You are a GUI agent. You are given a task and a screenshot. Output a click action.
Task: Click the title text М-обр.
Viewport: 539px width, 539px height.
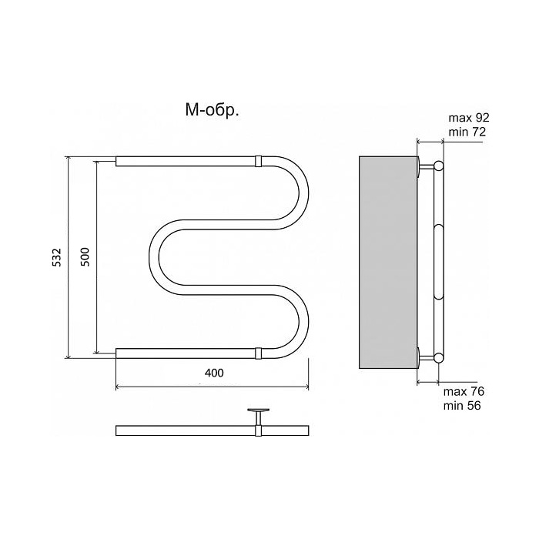212,111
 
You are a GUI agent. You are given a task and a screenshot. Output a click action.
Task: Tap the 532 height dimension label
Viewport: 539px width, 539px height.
57,257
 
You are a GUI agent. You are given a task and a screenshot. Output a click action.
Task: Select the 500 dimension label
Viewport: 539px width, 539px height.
85,256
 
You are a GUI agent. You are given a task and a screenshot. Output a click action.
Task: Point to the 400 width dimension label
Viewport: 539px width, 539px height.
214,373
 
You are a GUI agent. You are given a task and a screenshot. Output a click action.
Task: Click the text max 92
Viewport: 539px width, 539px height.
468,118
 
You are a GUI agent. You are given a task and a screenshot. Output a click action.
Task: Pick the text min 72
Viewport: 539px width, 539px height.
467,132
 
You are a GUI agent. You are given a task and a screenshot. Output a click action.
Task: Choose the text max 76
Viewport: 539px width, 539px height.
464,391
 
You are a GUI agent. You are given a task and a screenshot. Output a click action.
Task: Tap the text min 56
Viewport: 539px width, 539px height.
462,406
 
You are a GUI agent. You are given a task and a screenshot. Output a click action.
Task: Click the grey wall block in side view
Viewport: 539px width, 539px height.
388,263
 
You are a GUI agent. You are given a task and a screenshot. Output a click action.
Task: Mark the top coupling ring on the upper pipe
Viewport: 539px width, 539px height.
258,161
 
